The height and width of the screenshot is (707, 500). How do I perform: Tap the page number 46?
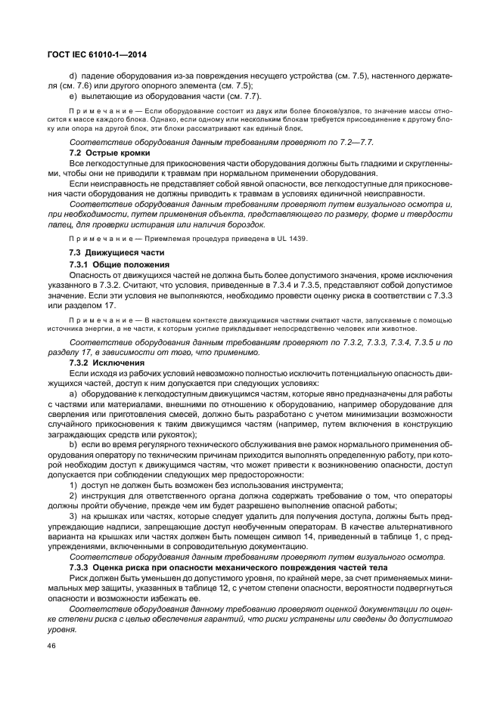(51, 646)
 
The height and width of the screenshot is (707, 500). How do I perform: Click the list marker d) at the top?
(73, 76)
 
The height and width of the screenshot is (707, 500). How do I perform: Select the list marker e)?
(73, 96)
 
